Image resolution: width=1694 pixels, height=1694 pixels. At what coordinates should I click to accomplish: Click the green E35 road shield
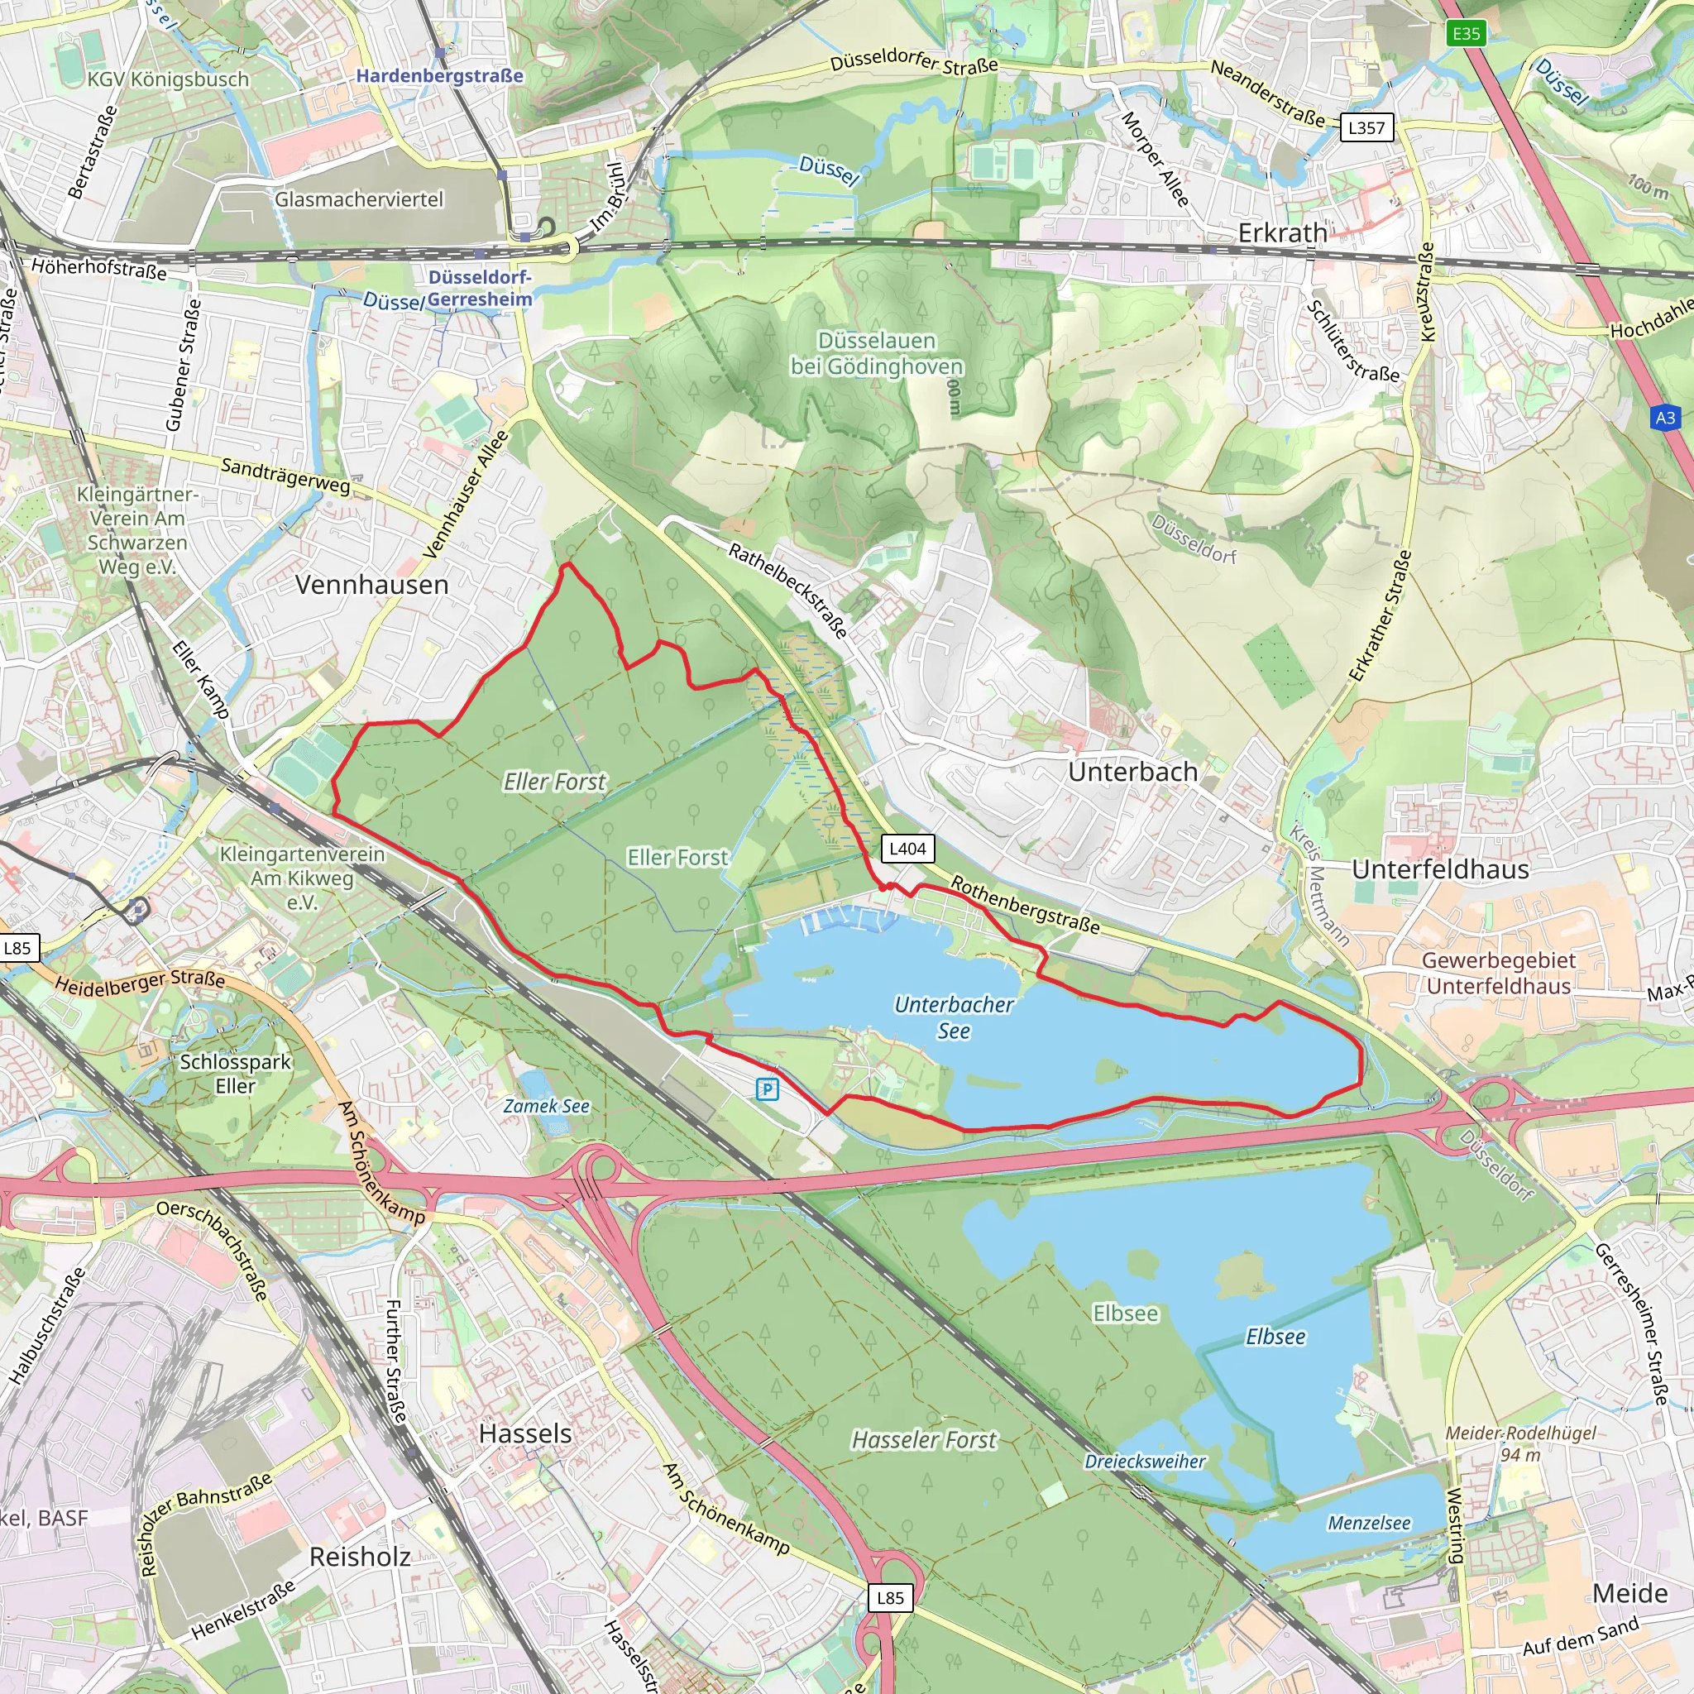tap(1466, 34)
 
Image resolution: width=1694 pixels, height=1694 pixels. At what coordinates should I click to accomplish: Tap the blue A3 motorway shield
tap(1665, 419)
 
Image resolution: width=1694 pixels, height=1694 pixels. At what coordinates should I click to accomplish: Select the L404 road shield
tap(907, 849)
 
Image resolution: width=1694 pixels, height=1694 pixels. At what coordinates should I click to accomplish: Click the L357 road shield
tap(1366, 128)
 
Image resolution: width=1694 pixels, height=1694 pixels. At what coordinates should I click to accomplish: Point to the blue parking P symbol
tap(768, 1089)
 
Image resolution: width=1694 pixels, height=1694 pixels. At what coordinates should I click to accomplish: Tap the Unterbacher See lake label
tap(954, 1017)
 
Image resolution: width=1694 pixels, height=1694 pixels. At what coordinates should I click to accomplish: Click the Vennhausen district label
tap(371, 585)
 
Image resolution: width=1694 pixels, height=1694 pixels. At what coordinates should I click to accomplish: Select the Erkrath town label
tap(1282, 233)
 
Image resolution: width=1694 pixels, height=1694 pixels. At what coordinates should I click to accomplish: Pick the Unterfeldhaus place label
tap(1440, 869)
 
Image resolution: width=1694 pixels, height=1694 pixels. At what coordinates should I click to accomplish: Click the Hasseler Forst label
tap(924, 1440)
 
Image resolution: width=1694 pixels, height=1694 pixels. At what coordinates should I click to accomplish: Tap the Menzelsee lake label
tap(1369, 1523)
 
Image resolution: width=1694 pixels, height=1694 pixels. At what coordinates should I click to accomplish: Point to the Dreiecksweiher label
tap(1145, 1462)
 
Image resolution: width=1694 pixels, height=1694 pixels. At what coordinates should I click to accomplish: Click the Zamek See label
tap(546, 1107)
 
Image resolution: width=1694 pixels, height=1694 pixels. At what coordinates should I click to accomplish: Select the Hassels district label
tap(525, 1433)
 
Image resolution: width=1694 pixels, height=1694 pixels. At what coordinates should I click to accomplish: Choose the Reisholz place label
tap(361, 1557)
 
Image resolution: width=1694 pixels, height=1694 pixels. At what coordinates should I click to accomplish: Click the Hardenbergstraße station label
tap(439, 76)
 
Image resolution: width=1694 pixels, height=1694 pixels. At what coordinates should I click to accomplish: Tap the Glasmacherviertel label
tap(360, 200)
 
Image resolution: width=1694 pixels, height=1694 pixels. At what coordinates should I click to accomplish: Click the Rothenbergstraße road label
tap(1025, 905)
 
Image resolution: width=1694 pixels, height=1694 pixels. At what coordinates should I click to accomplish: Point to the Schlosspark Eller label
tap(235, 1073)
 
